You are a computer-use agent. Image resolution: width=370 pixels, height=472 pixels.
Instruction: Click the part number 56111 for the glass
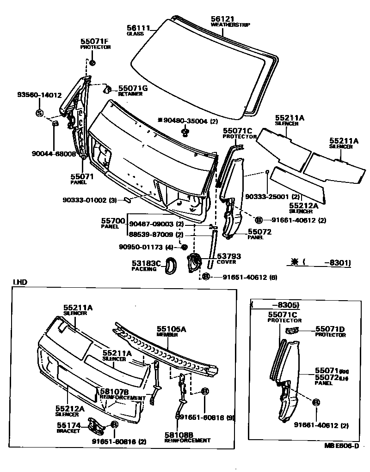coord(138,27)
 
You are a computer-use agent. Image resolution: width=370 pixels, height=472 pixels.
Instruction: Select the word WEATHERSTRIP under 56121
coord(227,25)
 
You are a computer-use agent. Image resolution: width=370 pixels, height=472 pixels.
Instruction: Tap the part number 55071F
coord(95,41)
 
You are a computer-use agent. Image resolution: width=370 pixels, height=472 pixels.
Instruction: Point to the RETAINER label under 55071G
coord(130,94)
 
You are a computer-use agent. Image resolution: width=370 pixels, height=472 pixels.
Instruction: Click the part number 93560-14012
coord(39,95)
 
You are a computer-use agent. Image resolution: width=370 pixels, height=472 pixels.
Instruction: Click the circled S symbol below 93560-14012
coord(39,113)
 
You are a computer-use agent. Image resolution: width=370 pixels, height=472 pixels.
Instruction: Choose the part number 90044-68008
coord(54,154)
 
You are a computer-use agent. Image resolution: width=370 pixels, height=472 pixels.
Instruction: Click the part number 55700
coord(113,221)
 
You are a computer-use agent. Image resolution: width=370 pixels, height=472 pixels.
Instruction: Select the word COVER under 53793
coord(227,262)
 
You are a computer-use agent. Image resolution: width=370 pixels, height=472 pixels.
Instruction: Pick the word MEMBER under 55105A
coord(167,334)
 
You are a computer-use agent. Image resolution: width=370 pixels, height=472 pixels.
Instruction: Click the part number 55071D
coord(330,329)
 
